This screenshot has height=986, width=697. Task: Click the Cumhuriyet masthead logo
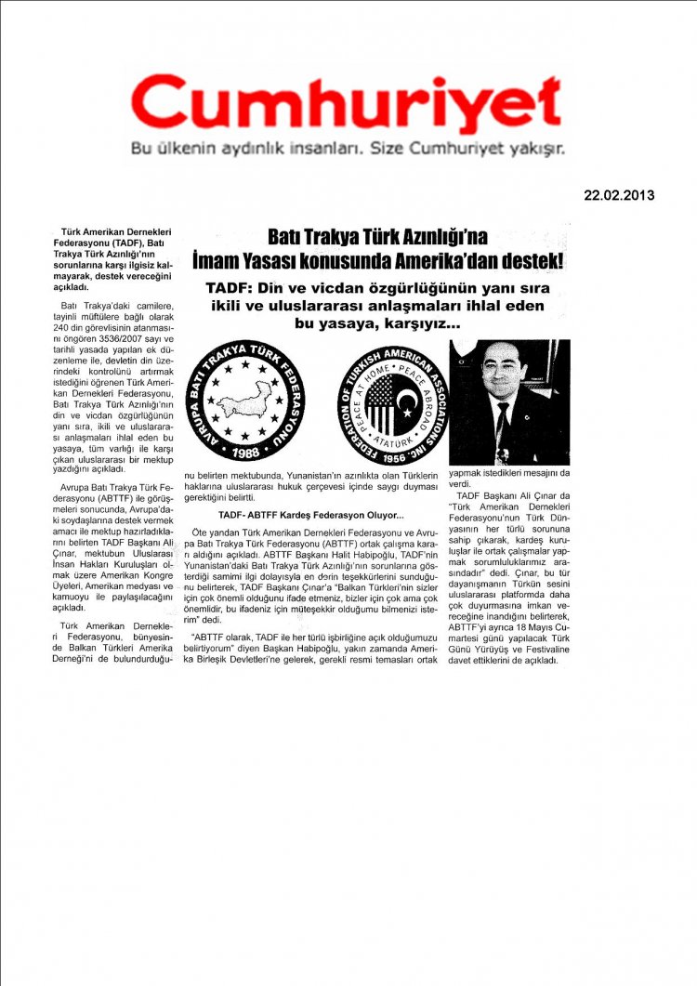[x=347, y=104]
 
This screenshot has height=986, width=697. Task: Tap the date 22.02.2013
[x=619, y=195]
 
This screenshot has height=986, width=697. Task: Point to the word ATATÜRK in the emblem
[x=392, y=431]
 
